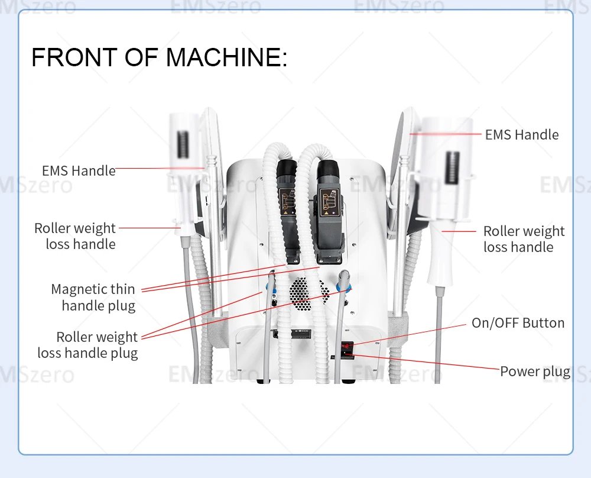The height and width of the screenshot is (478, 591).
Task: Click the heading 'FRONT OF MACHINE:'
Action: click(159, 57)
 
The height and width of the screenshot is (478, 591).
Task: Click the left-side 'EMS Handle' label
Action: click(79, 171)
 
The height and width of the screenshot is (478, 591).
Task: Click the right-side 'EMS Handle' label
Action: click(521, 135)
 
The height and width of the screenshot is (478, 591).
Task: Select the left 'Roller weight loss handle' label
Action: click(75, 236)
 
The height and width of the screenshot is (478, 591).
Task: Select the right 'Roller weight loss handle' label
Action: click(524, 239)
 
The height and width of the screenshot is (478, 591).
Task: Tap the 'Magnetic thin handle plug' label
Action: click(93, 298)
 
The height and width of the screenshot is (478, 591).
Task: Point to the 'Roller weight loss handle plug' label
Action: click(88, 345)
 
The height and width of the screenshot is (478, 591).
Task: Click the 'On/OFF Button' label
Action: click(518, 323)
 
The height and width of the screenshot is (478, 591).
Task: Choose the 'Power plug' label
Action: click(535, 372)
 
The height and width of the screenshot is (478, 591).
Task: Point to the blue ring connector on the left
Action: click(271, 285)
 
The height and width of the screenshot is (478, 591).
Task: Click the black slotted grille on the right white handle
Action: click(453, 169)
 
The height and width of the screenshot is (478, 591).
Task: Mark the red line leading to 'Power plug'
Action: click(426, 362)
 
